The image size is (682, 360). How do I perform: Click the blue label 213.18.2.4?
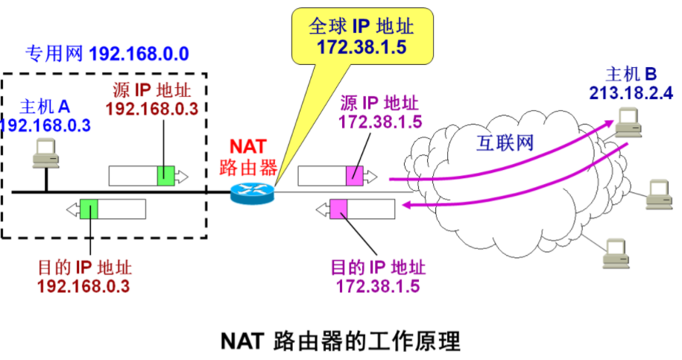[x=630, y=92]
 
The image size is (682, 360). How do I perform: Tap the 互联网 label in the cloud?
[x=505, y=142]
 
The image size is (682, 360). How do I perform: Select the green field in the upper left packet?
[x=165, y=176]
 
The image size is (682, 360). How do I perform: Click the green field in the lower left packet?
[x=89, y=209]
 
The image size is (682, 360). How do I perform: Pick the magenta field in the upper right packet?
[x=354, y=176]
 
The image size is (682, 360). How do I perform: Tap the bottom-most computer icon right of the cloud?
[x=616, y=253]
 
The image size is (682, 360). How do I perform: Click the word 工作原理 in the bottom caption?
[x=420, y=341]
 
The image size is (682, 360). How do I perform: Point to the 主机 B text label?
[x=631, y=75]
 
